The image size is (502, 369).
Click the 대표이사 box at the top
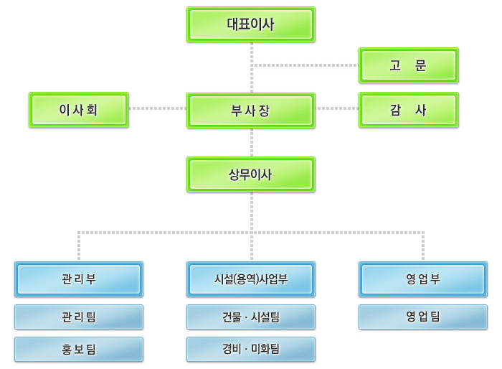pyautogui.click(x=250, y=24)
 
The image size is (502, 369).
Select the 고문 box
pyautogui.click(x=408, y=66)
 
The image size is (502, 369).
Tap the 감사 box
pyautogui.click(x=408, y=110)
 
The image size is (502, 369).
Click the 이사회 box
pyautogui.click(x=79, y=110)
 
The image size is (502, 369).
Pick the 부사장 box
pyautogui.click(x=250, y=110)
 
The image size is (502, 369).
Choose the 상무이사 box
pyautogui.click(x=250, y=174)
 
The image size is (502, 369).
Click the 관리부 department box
pyautogui.click(x=79, y=279)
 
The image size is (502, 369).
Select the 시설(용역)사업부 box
pyautogui.click(x=250, y=279)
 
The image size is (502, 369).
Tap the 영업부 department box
pyautogui.click(x=422, y=279)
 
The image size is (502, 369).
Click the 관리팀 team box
pyautogui.click(x=79, y=317)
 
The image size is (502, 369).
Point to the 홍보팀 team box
pyautogui.click(x=79, y=350)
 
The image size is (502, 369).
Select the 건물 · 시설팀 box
pyautogui.click(x=250, y=317)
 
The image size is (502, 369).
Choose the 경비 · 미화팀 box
pyautogui.click(x=250, y=350)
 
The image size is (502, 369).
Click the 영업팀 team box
pyautogui.click(x=422, y=317)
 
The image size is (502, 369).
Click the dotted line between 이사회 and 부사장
pyautogui.click(x=158, y=109)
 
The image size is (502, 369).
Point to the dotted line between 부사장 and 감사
pyautogui.click(x=337, y=109)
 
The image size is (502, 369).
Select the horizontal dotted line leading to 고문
pyautogui.click(x=305, y=65)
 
